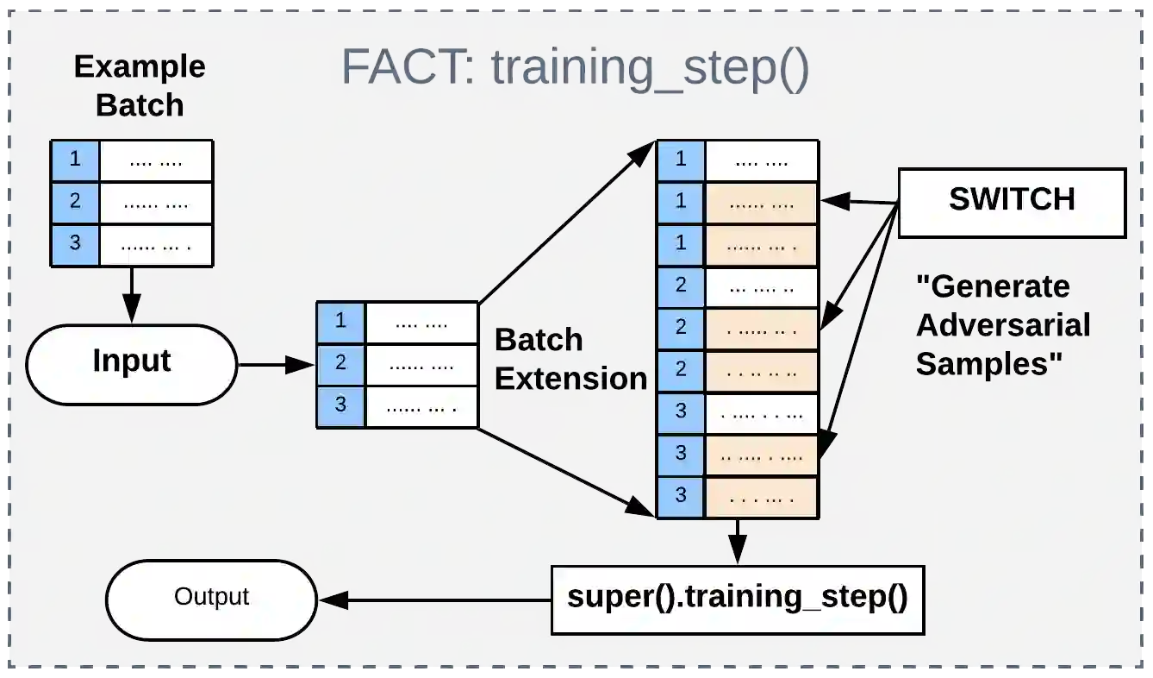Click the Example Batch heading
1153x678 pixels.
click(140, 85)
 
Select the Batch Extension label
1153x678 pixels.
click(570, 359)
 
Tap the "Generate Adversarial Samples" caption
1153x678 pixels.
click(1002, 324)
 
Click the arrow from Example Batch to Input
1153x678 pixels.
click(131, 294)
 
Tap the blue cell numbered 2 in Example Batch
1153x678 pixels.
click(76, 201)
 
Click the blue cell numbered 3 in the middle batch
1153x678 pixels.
click(341, 405)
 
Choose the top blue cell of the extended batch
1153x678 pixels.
click(681, 160)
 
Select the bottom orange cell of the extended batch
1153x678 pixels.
click(761, 497)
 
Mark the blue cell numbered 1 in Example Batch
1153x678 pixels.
click(76, 160)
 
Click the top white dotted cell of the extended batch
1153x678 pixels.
click(761, 160)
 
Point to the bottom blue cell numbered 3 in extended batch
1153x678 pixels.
click(681, 497)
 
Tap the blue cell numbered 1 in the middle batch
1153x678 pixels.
click(341, 322)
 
